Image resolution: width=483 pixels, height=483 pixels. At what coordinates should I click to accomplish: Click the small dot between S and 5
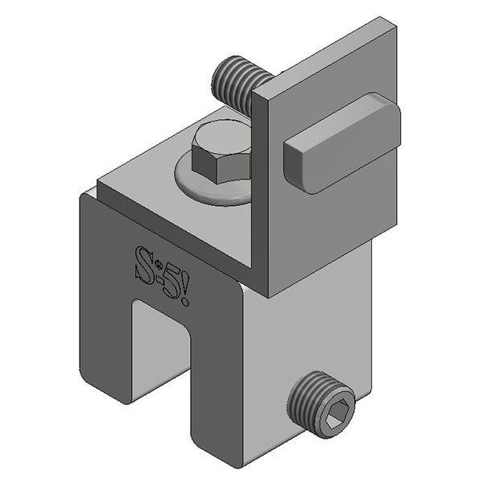pos(158,266)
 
